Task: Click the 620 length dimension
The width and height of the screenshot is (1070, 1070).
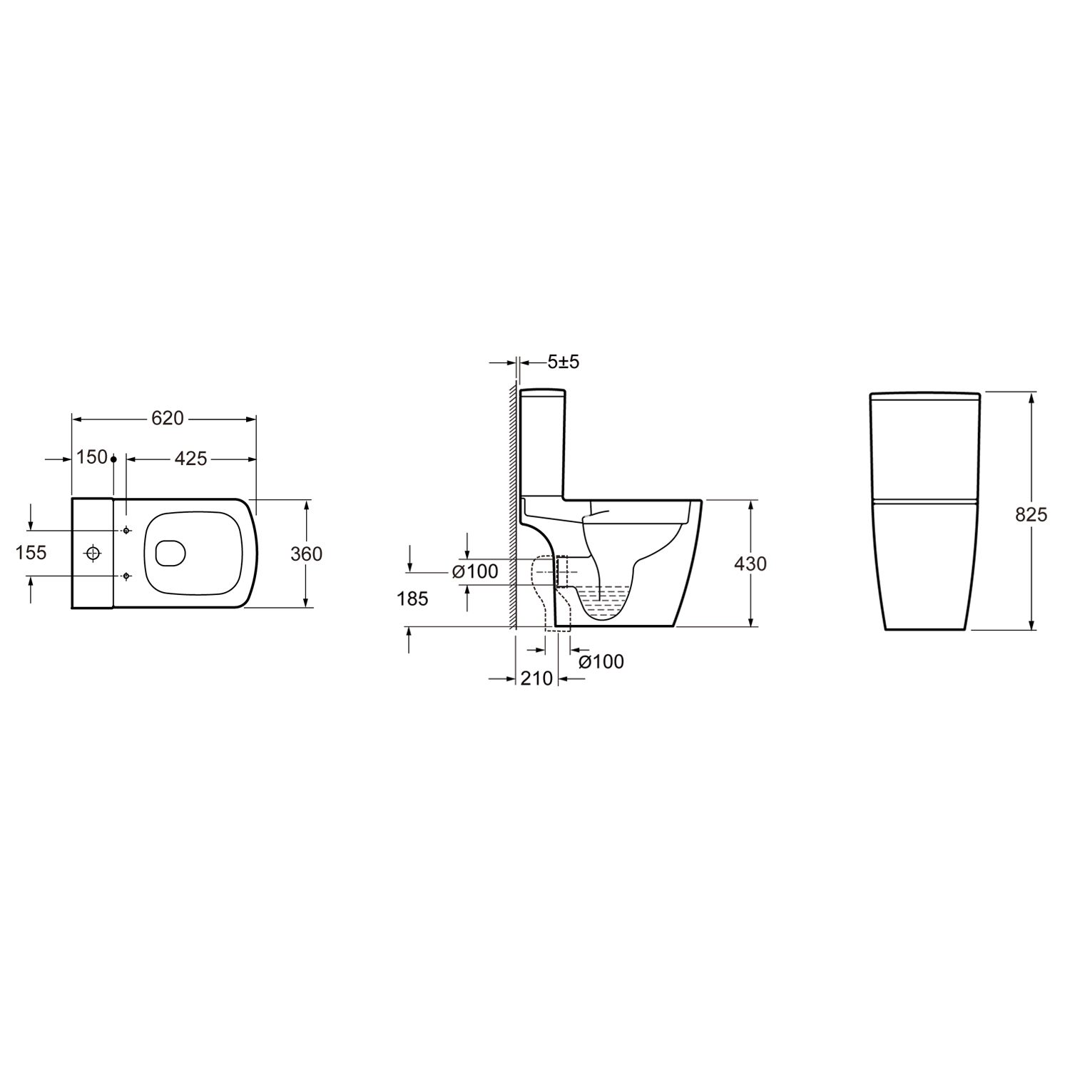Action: (x=168, y=418)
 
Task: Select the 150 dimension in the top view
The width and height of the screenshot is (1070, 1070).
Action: (x=92, y=457)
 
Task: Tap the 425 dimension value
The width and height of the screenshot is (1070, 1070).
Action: (x=190, y=458)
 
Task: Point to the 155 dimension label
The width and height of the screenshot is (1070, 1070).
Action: (x=31, y=552)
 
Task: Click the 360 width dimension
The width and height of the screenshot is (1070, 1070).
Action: (x=307, y=554)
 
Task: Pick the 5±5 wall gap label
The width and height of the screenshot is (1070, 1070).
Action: (x=564, y=362)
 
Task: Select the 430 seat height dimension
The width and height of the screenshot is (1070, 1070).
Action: (x=750, y=564)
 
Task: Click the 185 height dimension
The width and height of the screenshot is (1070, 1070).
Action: (x=412, y=598)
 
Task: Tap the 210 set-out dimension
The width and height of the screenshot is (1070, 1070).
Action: (x=536, y=678)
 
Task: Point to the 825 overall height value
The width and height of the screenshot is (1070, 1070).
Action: (x=1031, y=514)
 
